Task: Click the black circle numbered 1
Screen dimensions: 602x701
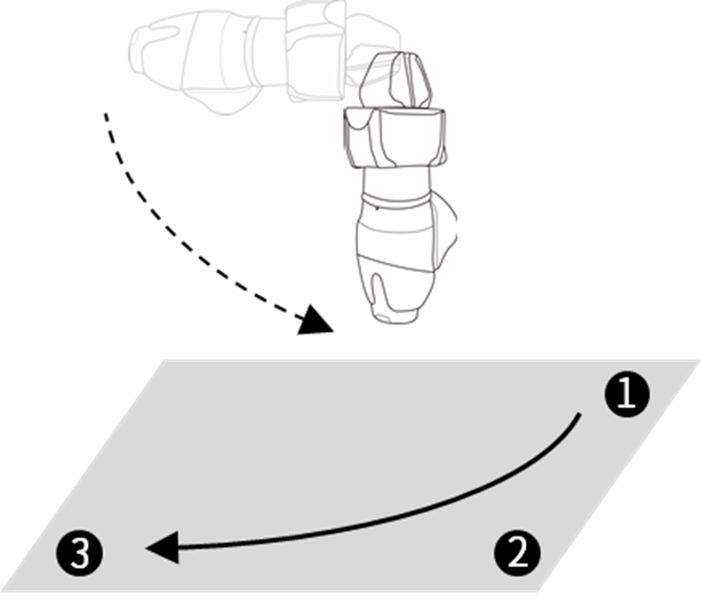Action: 626,395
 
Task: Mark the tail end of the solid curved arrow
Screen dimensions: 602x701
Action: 579,414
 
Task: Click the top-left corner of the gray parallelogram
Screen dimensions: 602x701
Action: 163,361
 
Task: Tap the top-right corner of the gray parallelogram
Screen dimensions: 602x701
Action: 697,361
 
